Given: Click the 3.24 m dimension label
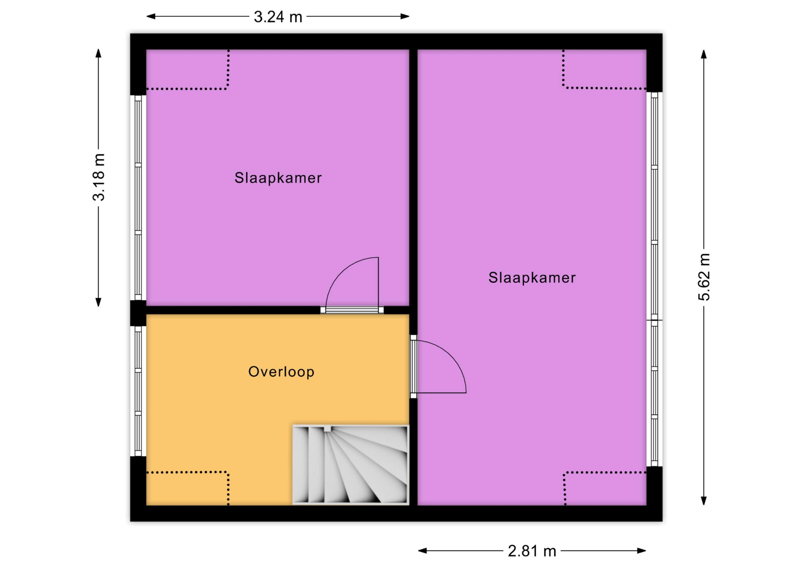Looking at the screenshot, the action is [x=278, y=17].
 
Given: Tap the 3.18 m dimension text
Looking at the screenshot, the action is [x=98, y=177].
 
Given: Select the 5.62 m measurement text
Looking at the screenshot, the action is [x=704, y=277].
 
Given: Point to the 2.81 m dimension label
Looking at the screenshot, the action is [x=532, y=551].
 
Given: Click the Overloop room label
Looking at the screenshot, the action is [x=281, y=372].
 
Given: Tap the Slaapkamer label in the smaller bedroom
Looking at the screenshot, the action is [x=278, y=178].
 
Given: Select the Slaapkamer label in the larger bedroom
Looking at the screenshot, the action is [x=532, y=278].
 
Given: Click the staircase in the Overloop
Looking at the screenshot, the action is [x=350, y=465].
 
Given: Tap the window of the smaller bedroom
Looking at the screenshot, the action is [x=138, y=198].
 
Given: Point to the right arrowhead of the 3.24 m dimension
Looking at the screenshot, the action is [x=405, y=16].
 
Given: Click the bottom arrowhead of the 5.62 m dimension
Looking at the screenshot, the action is [x=704, y=501].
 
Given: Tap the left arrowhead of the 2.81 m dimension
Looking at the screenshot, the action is [x=423, y=551].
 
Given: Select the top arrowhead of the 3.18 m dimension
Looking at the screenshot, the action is [x=98, y=53].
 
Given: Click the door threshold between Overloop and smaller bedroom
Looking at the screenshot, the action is [x=352, y=310].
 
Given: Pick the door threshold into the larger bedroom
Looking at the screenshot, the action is [x=413, y=367].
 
